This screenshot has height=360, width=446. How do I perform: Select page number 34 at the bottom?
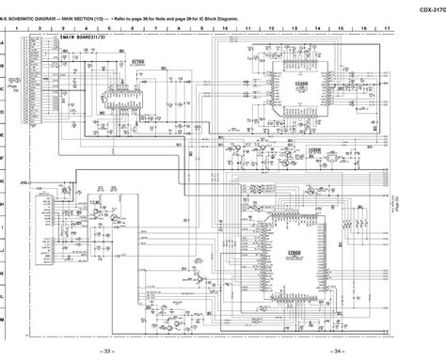click(x=331, y=350)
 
